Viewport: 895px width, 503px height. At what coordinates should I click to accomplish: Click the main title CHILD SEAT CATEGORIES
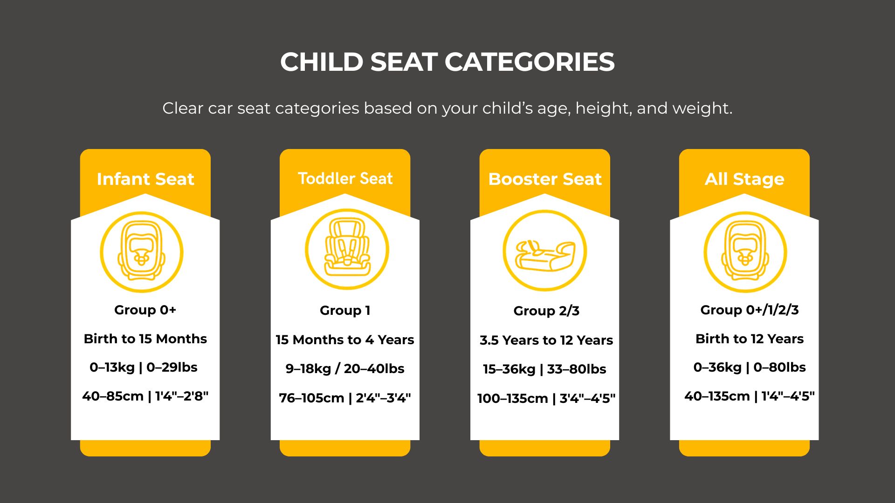[x=447, y=62]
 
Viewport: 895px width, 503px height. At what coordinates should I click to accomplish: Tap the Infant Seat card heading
[x=145, y=179]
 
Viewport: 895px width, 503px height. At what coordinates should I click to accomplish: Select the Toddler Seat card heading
[x=345, y=178]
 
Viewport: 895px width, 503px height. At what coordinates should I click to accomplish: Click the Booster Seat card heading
[x=544, y=179]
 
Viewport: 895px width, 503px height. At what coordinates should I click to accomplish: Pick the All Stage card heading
[x=744, y=179]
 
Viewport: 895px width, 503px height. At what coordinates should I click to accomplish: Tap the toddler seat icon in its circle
[x=347, y=249]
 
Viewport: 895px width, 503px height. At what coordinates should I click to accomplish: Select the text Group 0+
[x=145, y=310]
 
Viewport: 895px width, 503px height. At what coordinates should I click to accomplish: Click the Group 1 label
[x=345, y=311]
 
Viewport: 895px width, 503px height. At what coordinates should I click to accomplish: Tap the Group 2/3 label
[x=546, y=311]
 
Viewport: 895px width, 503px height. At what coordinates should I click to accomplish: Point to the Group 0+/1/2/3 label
[x=749, y=310]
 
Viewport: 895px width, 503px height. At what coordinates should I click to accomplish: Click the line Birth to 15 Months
[x=145, y=339]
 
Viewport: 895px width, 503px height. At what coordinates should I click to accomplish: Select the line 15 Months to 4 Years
[x=344, y=340]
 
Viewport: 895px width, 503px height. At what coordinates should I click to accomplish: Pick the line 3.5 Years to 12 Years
[x=546, y=340]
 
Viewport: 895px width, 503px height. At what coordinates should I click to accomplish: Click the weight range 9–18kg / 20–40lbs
[x=344, y=369]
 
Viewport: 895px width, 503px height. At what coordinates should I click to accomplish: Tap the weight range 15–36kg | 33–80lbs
[x=544, y=369]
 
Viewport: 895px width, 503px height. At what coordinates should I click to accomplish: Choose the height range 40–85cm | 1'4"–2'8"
[x=145, y=396]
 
